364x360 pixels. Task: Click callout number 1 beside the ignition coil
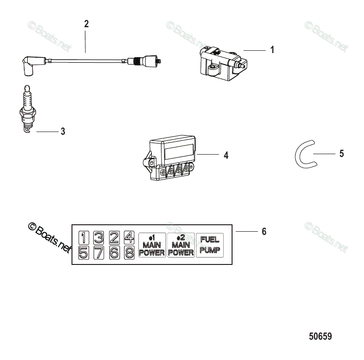tap(272, 50)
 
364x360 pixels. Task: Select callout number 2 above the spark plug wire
tap(86, 24)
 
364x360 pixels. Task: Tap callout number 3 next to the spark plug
tap(63, 132)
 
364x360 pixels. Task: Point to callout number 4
tap(226, 156)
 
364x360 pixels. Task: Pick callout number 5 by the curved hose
tap(341, 154)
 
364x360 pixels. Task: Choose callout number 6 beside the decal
tap(264, 231)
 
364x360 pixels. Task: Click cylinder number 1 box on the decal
tap(84, 238)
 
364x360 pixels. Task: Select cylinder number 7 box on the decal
tap(99, 252)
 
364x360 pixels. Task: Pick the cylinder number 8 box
tap(129, 252)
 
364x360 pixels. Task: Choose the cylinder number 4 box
tap(129, 238)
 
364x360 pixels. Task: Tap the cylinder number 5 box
tap(84, 252)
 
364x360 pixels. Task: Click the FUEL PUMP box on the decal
tap(209, 245)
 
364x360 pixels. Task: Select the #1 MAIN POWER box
tap(152, 245)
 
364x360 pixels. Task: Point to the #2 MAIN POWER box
tap(181, 245)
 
